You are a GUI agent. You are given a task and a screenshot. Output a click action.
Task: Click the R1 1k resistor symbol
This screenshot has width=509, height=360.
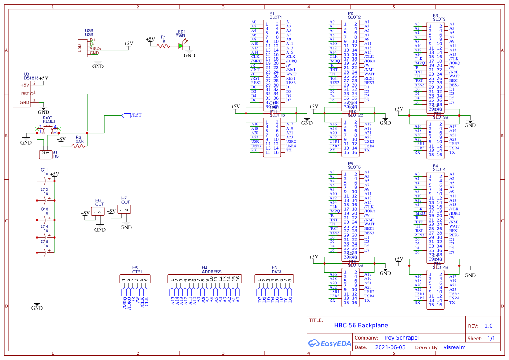pyautogui.click(x=163, y=45)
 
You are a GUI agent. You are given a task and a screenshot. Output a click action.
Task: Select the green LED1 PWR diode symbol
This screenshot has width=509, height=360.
pyautogui.click(x=181, y=45)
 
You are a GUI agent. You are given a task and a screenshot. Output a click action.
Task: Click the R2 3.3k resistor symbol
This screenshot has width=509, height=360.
pyautogui.click(x=79, y=146)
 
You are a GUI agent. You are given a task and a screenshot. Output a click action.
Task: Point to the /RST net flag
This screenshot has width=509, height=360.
pyautogui.click(x=126, y=115)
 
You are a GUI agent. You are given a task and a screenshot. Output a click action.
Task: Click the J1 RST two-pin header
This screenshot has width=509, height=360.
pyautogui.click(x=45, y=153)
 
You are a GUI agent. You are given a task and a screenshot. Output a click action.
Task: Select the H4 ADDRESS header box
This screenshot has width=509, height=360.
pyautogui.click(x=205, y=279)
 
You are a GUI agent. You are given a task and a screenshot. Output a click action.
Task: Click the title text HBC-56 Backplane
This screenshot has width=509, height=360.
pyautogui.click(x=361, y=325)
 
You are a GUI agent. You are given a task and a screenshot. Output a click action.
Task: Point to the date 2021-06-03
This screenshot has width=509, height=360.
pyautogui.click(x=390, y=347)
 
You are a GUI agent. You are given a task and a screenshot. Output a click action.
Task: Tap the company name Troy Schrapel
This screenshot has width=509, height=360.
pyautogui.click(x=401, y=337)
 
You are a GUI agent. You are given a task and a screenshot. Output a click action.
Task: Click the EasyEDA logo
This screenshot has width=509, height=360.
pyautogui.click(x=329, y=343)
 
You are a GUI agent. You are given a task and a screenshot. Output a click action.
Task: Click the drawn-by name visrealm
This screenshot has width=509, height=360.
pyautogui.click(x=455, y=347)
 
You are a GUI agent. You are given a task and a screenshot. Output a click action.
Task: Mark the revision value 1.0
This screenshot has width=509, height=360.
pyautogui.click(x=488, y=326)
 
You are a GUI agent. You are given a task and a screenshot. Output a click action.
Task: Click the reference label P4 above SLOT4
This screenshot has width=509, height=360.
pyautogui.click(x=435, y=166)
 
